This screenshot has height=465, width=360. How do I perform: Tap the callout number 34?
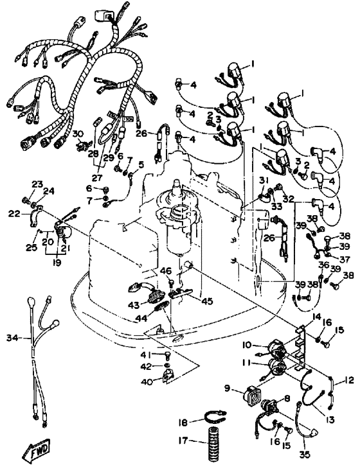[13, 337]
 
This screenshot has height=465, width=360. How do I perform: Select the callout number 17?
[183, 441]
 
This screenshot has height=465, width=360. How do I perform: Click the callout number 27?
[97, 178]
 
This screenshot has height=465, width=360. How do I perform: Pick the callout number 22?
[14, 213]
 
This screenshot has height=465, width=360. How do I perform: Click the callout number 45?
[207, 301]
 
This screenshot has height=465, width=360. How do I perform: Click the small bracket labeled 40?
[168, 375]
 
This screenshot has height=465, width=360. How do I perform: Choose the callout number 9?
[227, 388]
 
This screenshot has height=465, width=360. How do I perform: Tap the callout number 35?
[305, 454]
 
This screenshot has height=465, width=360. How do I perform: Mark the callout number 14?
[317, 317]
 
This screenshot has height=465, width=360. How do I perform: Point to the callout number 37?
[345, 259]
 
